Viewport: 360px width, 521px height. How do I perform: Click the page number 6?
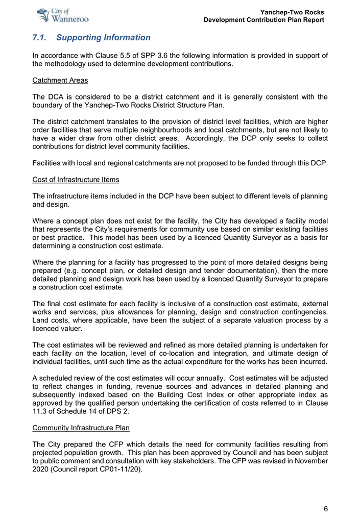coord(325,509)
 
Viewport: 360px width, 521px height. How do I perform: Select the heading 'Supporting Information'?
coord(104,38)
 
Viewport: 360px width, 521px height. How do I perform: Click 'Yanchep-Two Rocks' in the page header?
coord(292,12)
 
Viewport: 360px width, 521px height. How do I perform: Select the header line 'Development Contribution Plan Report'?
coord(263,20)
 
